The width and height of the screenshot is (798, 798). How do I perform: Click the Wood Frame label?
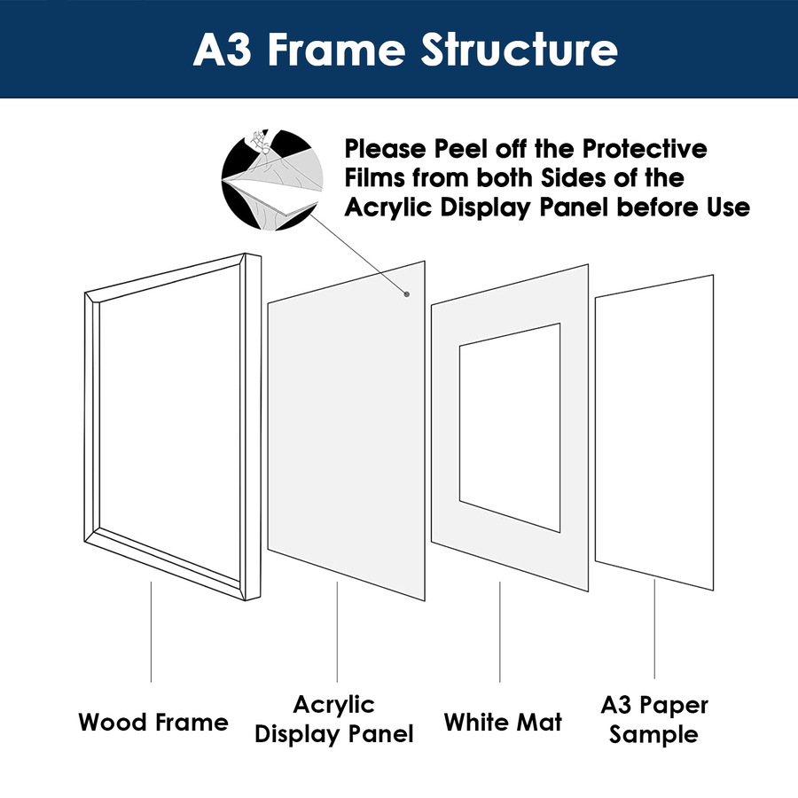pyautogui.click(x=153, y=722)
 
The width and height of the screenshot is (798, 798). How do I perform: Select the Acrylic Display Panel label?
pyautogui.click(x=334, y=720)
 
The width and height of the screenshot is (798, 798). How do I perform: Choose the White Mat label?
pyautogui.click(x=503, y=722)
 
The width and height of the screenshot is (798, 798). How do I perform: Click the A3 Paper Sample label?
pyautogui.click(x=654, y=720)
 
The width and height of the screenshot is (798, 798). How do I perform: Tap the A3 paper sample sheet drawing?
pyautogui.click(x=655, y=434)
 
